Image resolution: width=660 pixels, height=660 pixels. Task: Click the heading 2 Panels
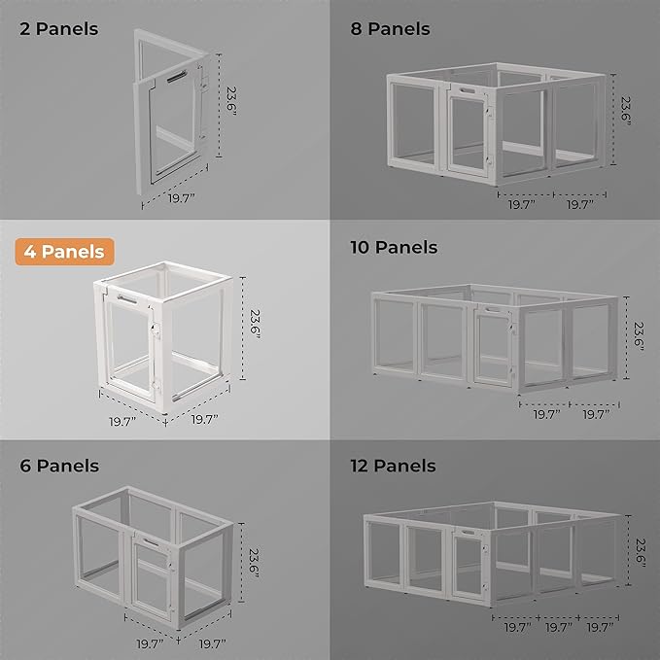(59, 29)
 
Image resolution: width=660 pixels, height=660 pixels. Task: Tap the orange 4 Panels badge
(65, 252)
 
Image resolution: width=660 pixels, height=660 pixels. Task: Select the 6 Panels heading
(59, 466)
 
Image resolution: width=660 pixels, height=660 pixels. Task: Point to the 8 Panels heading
(390, 29)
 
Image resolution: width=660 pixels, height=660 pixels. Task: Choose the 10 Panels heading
(394, 248)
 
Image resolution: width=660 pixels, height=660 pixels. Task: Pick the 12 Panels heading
(394, 466)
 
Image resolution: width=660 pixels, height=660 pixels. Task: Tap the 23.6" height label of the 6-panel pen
(253, 562)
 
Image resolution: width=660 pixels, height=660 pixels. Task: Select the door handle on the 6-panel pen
(152, 540)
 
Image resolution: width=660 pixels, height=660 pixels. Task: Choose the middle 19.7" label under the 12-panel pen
(558, 629)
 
